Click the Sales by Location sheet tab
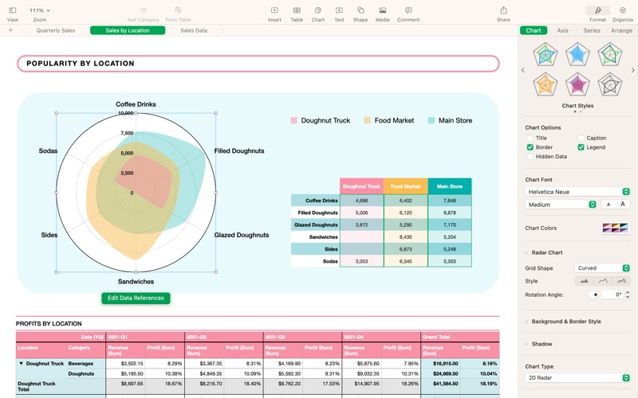(128, 30)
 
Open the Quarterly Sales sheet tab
(56, 30)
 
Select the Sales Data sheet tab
(194, 30)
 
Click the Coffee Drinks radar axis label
(136, 104)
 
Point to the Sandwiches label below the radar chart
(136, 281)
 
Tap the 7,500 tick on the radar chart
(127, 133)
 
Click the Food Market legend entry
(389, 120)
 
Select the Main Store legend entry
(450, 120)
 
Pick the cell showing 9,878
(449, 213)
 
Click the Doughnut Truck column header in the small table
(361, 186)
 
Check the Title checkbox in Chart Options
(530, 138)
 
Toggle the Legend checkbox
(581, 147)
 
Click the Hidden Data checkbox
(530, 157)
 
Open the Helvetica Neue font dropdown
(578, 192)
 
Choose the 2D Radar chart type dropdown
(578, 377)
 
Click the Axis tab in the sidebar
(563, 30)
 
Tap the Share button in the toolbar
(503, 14)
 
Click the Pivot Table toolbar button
(178, 14)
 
